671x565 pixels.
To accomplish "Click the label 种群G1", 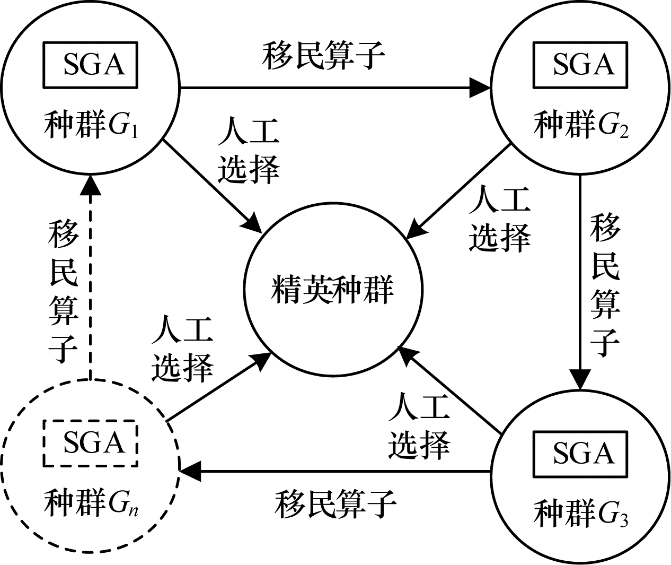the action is tap(91, 125).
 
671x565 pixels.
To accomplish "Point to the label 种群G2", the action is tap(581, 125).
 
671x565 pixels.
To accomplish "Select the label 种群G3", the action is tap(581, 514).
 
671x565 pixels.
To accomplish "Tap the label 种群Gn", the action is tap(91, 502).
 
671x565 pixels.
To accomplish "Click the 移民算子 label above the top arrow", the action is tap(323, 56).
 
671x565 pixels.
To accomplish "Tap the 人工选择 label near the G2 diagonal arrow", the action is tap(499, 219).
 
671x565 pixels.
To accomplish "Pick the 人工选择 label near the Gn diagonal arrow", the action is tap(182, 349).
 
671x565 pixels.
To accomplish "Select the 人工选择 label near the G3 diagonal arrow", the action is tap(419, 427).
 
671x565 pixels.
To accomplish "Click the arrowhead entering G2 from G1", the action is tap(480, 87).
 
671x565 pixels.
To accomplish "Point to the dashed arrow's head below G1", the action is tap(90, 185).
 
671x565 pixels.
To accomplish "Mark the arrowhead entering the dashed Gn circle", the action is tap(190, 472).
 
